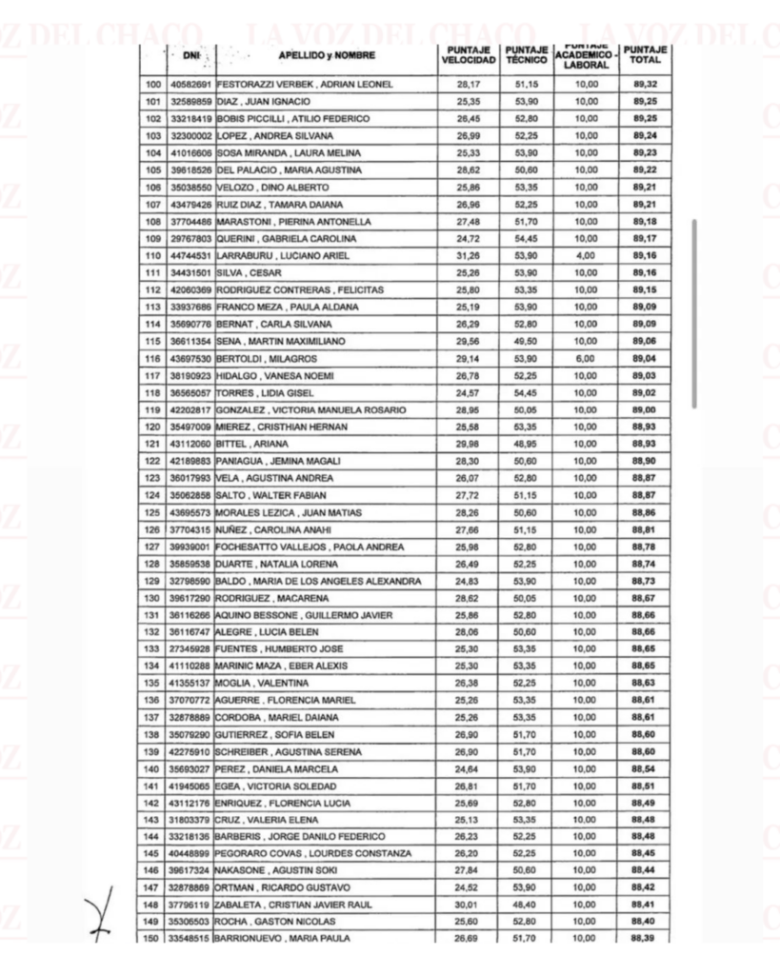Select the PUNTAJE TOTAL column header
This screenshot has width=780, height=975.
pyautogui.click(x=645, y=55)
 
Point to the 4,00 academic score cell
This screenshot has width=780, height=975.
pyautogui.click(x=587, y=257)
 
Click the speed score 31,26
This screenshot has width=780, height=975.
pyautogui.click(x=466, y=257)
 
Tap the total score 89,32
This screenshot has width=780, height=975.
pyautogui.click(x=645, y=85)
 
